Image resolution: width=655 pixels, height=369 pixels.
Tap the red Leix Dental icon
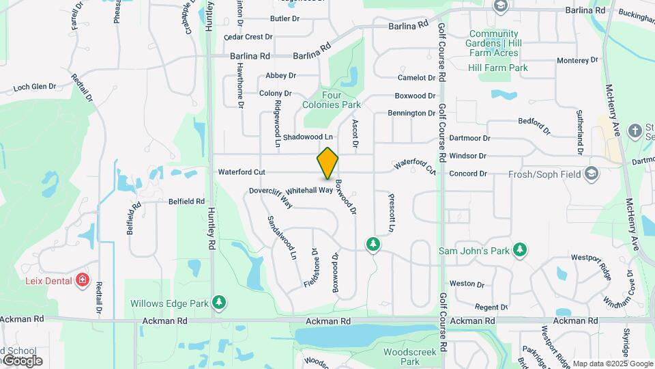pos(83,279)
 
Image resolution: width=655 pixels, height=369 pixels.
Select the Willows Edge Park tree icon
pos(219,301)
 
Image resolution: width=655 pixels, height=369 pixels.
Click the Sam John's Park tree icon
pos(520,249)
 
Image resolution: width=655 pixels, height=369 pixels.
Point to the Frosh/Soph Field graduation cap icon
pos(591,174)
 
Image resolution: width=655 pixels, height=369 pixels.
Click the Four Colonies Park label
pos(332,100)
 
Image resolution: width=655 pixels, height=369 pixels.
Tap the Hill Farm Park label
pos(498,68)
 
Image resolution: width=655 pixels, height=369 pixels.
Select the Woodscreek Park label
pos(401,356)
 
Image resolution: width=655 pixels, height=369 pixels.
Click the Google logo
pos(22,361)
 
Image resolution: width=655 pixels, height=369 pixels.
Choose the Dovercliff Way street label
pos(271,197)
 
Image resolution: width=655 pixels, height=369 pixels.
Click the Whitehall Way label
pos(309,191)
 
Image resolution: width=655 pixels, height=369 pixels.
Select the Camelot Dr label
pos(416,78)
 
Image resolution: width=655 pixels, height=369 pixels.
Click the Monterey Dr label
pos(577,60)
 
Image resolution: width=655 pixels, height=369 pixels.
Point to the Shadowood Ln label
pos(307,137)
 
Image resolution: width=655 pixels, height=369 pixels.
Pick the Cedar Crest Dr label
pos(248,36)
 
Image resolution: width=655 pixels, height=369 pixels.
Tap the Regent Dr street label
pos(491,307)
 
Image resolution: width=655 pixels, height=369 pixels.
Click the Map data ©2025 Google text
pos(613,364)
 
